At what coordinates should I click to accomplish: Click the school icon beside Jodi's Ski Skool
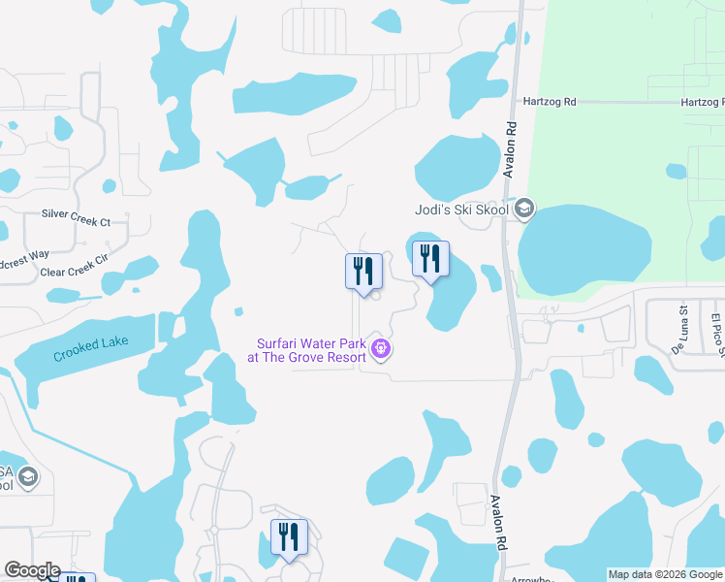click(x=524, y=209)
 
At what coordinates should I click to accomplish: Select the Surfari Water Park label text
click(x=312, y=349)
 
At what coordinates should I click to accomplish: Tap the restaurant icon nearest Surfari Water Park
click(x=362, y=272)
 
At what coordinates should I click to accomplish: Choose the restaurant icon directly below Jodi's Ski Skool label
click(x=428, y=259)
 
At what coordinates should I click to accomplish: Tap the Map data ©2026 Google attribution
click(x=664, y=574)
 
